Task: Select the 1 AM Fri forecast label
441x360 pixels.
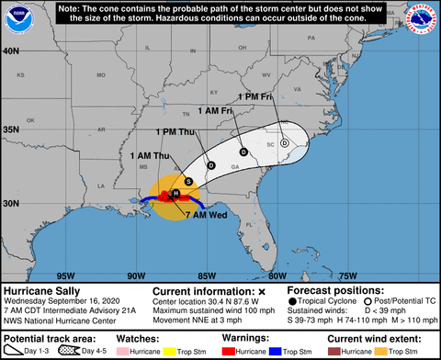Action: click(215, 111)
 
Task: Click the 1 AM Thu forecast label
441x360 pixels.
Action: click(149, 155)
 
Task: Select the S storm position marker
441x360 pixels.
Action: click(188, 182)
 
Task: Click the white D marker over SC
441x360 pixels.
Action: click(285, 142)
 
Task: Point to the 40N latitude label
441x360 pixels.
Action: click(12, 51)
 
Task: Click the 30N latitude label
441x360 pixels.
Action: click(12, 204)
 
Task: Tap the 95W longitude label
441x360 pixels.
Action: click(65, 275)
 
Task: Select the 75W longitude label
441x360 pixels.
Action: click(347, 275)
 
